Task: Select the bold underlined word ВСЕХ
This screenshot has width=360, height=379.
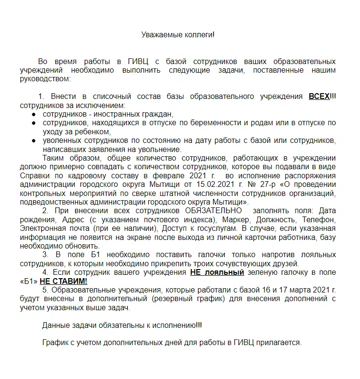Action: coord(319,96)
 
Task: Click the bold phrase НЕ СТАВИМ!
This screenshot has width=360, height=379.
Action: coord(64,281)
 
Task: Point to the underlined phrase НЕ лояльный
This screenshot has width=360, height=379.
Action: coord(217,272)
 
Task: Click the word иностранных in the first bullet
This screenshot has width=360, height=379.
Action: coord(118,114)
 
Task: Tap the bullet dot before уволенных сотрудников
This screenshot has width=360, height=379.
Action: coord(33,141)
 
